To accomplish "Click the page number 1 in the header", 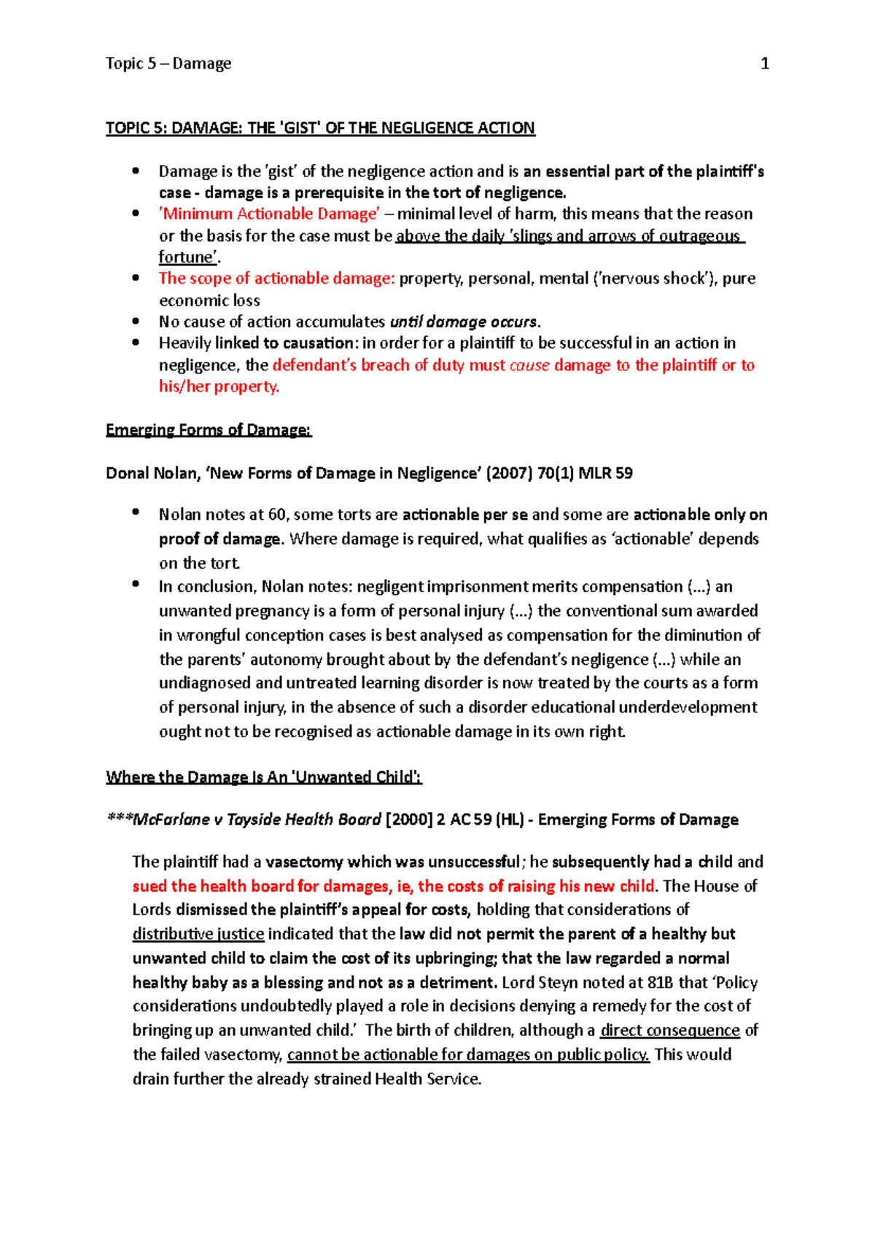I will click(x=764, y=64).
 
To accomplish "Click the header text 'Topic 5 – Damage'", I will click(x=168, y=64).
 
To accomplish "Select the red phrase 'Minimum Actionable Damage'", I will click(x=269, y=214).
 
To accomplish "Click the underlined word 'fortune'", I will click(x=187, y=257).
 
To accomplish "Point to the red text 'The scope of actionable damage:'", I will click(x=276, y=279).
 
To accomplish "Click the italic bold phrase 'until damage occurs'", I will click(x=464, y=322).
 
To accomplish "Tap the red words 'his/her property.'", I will click(x=219, y=386).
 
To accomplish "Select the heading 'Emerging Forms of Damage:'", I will click(x=209, y=430).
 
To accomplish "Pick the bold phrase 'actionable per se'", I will click(x=464, y=515).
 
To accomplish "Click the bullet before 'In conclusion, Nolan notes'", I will click(x=136, y=583).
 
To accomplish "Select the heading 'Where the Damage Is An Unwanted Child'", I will click(x=263, y=777).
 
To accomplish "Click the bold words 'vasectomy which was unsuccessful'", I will click(x=393, y=863).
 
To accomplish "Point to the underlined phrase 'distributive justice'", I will click(x=198, y=935).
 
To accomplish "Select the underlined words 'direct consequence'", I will click(x=669, y=1031).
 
